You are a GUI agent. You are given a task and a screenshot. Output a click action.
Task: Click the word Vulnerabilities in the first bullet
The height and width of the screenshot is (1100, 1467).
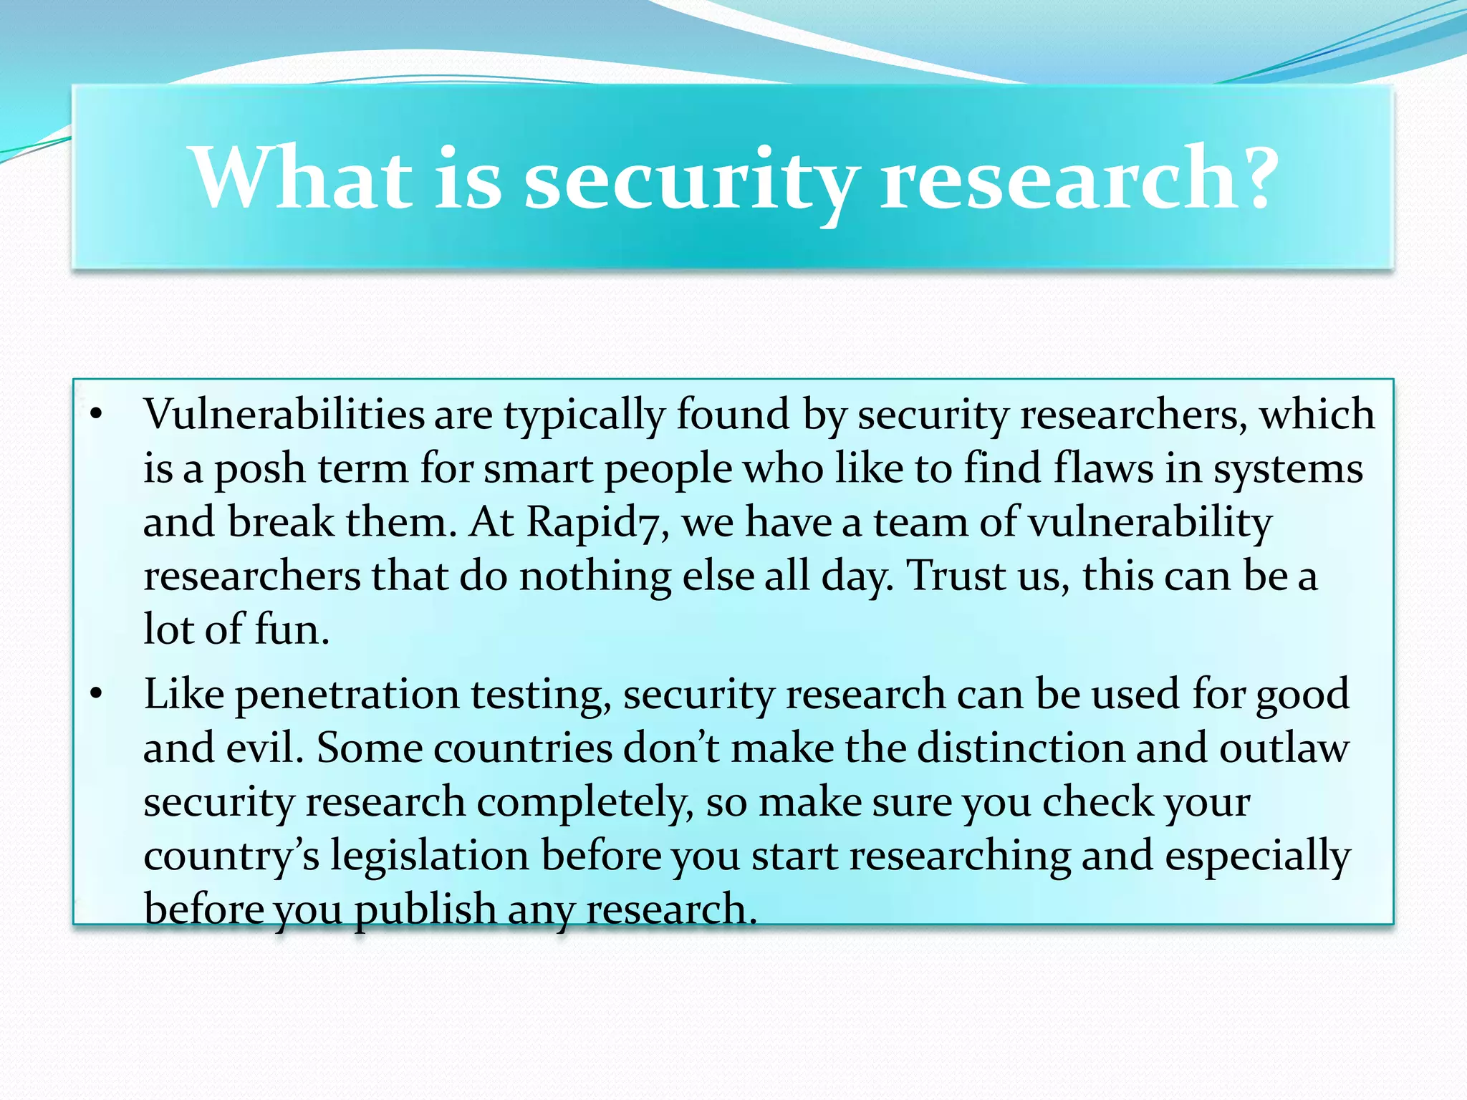(x=284, y=415)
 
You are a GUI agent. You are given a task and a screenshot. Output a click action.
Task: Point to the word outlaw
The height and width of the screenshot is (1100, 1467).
(x=1284, y=748)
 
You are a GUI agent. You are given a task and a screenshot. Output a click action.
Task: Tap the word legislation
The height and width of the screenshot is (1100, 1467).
(x=429, y=856)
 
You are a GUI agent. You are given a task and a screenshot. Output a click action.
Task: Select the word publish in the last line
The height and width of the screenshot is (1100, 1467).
(x=425, y=910)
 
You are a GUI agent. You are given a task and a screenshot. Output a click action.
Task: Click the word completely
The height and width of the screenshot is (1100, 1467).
(x=585, y=802)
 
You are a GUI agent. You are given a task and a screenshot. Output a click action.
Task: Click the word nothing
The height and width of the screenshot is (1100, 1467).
(x=595, y=576)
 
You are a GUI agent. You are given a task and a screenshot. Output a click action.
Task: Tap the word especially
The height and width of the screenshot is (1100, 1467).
(x=1257, y=857)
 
